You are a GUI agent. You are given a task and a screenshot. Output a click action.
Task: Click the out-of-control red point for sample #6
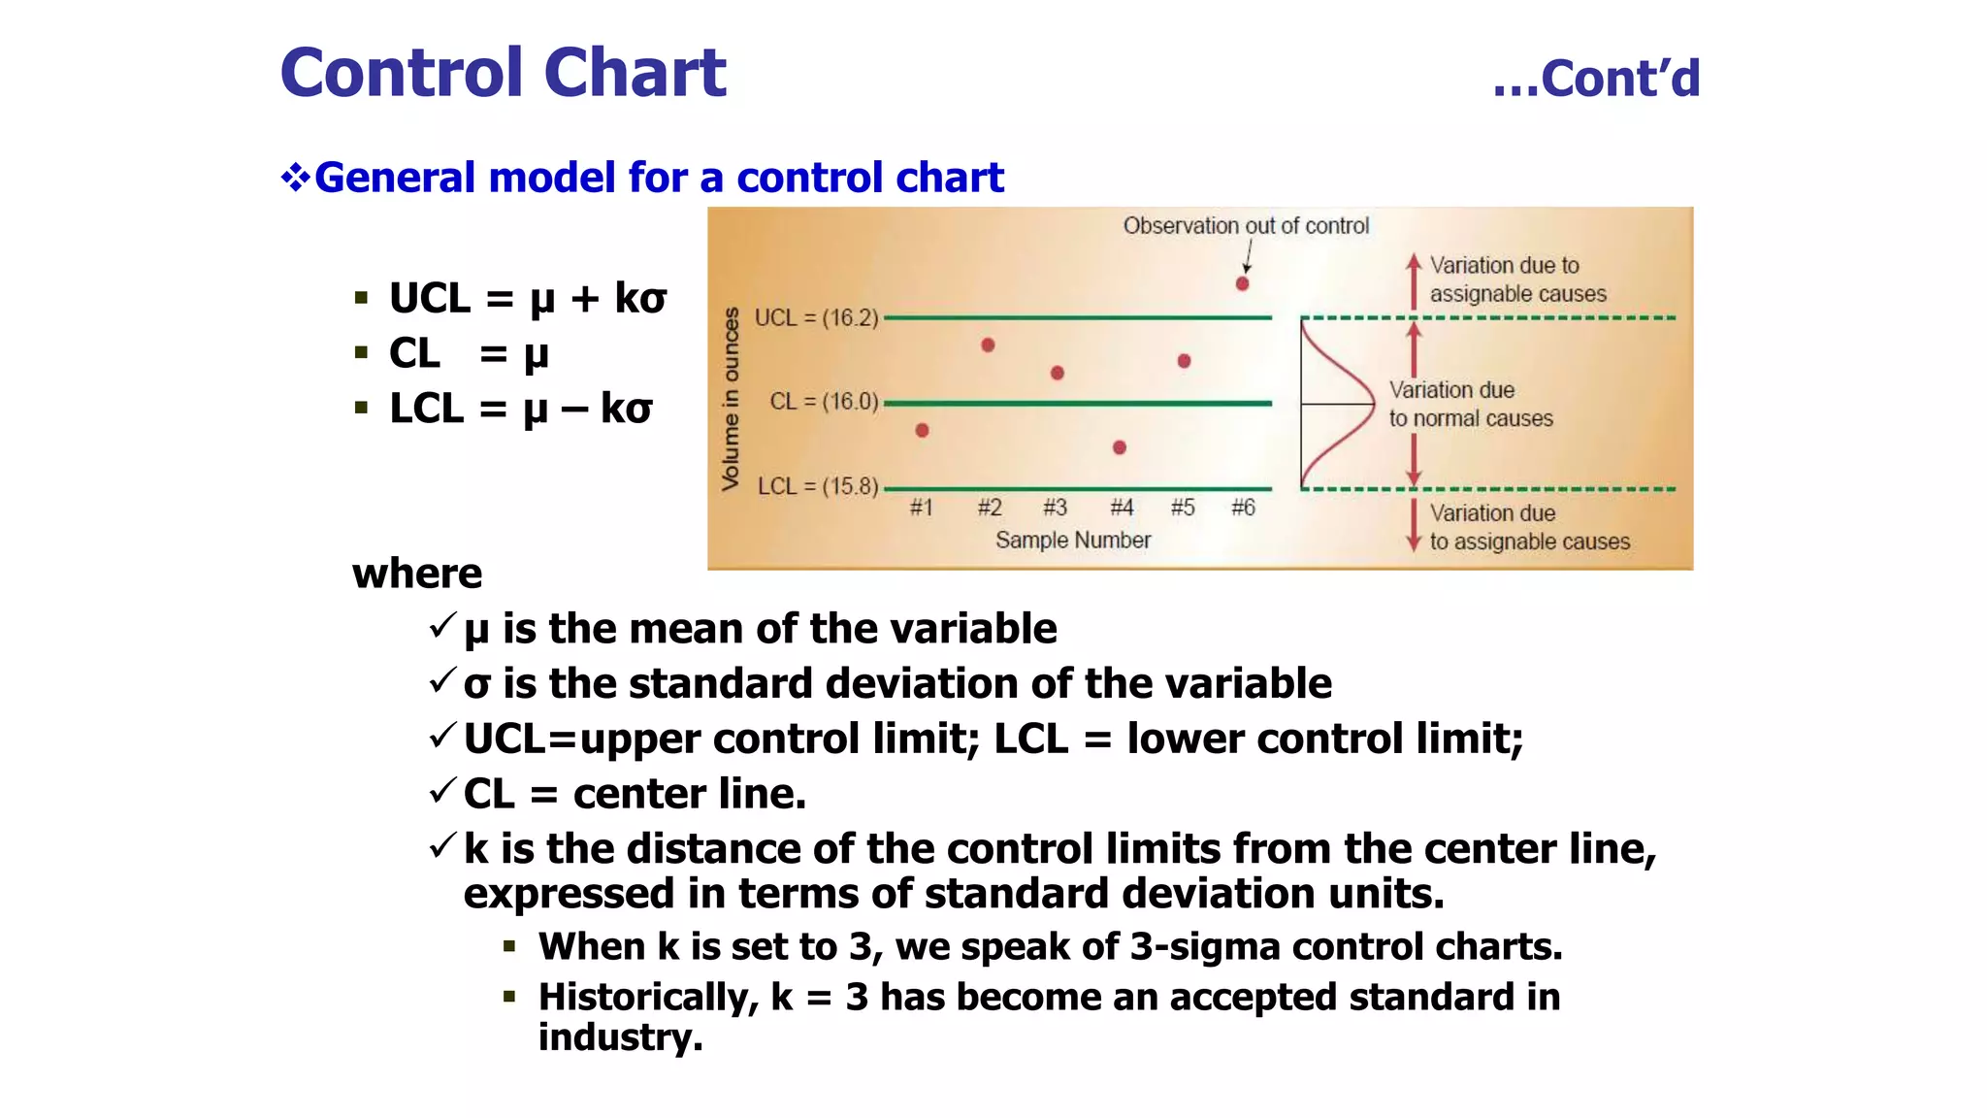pos(1242,283)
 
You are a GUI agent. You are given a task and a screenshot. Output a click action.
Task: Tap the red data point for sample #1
pos(922,430)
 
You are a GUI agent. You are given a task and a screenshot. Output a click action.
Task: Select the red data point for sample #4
pos(1120,447)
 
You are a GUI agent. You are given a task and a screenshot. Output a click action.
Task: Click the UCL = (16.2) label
pos(816,318)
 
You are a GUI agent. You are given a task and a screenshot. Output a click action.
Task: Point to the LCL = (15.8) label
pos(817,486)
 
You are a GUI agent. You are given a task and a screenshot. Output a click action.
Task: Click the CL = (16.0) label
pos(824,402)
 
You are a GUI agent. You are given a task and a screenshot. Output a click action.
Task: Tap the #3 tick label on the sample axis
pos(1055,508)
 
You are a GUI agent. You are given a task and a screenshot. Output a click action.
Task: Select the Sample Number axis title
pos(1072,541)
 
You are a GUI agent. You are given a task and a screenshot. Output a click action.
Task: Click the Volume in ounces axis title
pos(731,399)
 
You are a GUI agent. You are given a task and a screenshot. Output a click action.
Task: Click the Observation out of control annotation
pos(1246,226)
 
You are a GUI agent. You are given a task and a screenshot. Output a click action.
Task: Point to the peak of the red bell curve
pos(1372,403)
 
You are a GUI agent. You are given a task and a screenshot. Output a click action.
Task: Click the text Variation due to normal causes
pos(1469,404)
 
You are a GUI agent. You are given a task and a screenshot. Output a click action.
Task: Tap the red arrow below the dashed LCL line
pos(1414,525)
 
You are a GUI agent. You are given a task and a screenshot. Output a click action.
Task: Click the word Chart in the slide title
pos(635,73)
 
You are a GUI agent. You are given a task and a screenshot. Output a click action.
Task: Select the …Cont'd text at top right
pos(1596,79)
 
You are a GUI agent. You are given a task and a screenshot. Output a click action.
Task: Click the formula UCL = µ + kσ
pos(527,298)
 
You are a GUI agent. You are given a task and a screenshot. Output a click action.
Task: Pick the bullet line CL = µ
pos(469,353)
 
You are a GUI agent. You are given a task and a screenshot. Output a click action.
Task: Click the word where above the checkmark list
pos(417,574)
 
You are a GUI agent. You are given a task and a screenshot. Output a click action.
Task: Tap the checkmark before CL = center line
pos(441,791)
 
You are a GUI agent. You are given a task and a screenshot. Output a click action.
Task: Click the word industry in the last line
pos(619,1037)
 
